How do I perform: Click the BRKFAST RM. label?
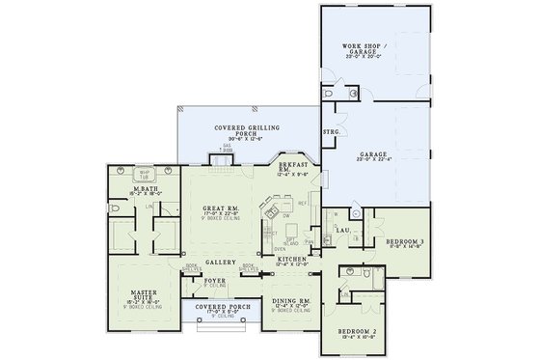pyautogui.click(x=290, y=170)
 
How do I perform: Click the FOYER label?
pyautogui.click(x=215, y=283)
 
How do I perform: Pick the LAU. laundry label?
pyautogui.click(x=341, y=230)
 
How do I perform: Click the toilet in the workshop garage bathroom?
pyautogui.click(x=331, y=97)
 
